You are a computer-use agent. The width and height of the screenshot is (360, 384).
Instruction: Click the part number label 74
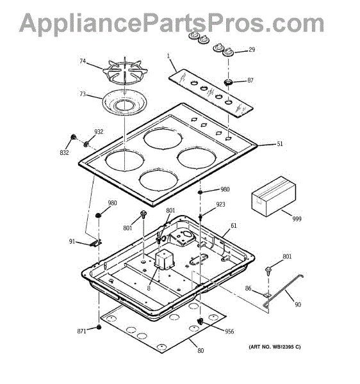83,61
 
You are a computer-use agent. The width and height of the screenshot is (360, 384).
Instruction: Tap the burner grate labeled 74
125,72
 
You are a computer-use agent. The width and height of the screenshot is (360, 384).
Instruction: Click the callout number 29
252,50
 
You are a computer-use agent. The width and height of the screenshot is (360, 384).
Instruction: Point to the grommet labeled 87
229,83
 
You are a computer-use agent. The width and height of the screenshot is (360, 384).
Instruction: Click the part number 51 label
280,144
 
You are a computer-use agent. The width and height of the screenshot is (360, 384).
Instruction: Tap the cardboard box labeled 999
274,196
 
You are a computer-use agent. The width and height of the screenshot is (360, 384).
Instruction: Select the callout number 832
64,152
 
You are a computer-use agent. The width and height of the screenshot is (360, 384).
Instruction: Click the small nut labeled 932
86,144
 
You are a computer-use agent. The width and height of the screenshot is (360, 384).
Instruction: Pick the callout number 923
220,205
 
